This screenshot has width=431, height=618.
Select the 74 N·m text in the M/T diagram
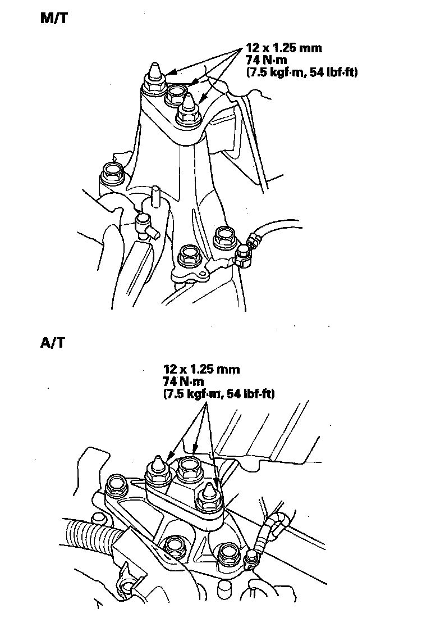[x=264, y=60]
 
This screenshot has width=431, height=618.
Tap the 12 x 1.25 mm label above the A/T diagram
[x=201, y=369]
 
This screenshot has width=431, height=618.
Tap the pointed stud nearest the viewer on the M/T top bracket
[x=187, y=110]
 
